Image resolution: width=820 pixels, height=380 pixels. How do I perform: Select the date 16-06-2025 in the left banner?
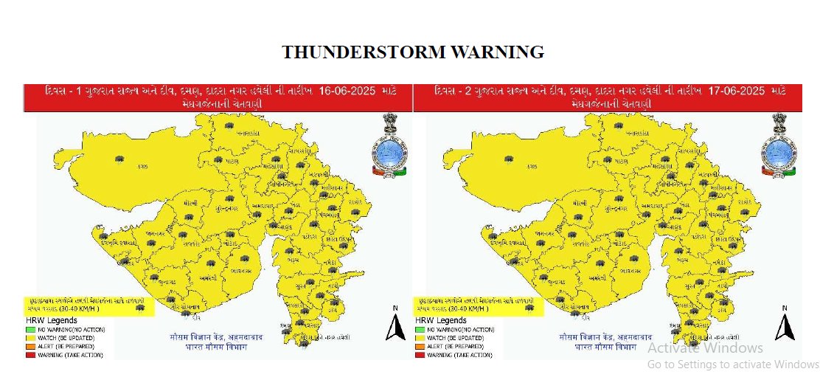point(349,91)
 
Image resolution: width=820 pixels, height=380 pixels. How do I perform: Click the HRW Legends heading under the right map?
point(440,321)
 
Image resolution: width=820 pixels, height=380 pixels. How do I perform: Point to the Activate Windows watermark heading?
point(706,348)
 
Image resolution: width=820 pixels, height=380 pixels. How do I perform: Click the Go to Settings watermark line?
point(733,364)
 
